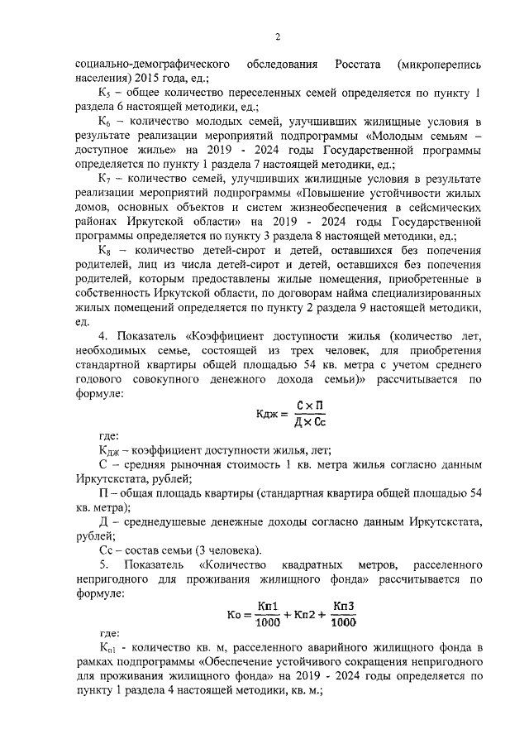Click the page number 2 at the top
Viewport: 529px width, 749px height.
(278, 36)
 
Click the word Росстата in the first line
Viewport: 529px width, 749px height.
(358, 64)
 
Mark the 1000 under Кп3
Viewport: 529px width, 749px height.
(344, 623)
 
